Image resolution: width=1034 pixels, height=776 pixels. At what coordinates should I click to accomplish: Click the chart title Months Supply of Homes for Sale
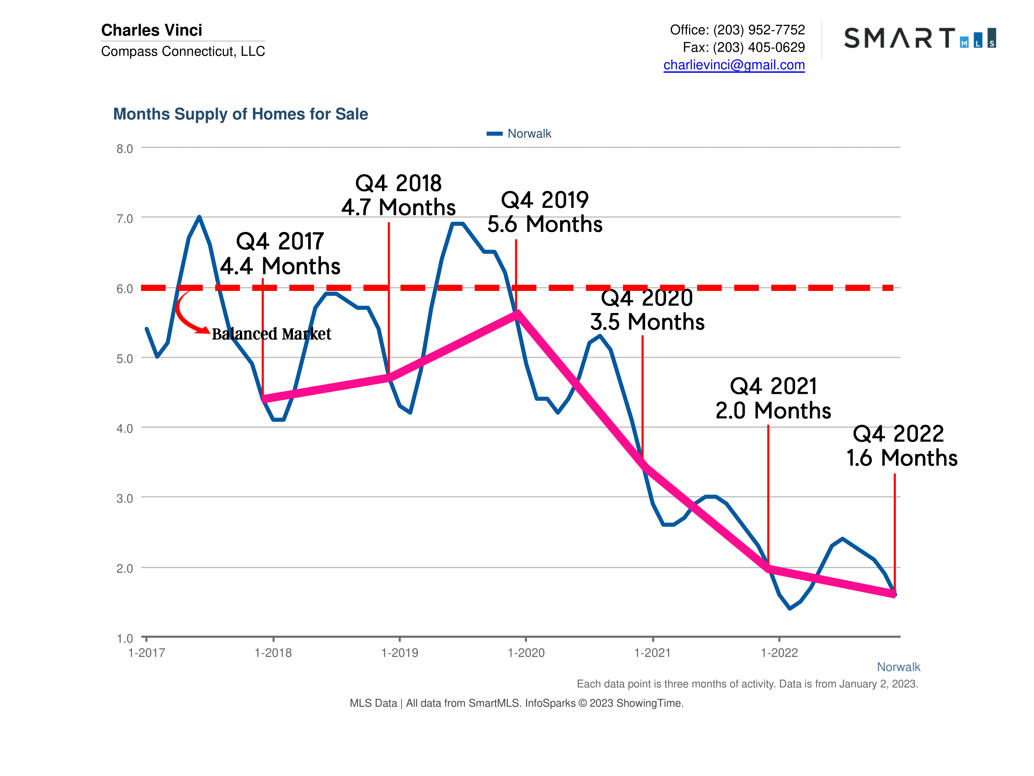[240, 114]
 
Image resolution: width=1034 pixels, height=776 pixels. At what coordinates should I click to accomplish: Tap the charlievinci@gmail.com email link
[733, 65]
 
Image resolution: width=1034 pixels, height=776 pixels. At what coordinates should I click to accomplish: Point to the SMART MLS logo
[920, 38]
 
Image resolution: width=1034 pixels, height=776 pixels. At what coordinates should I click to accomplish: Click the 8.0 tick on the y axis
[124, 149]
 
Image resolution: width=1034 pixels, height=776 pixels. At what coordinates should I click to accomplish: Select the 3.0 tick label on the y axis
[124, 498]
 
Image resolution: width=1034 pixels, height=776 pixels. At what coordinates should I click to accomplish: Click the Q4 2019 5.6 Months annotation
[544, 212]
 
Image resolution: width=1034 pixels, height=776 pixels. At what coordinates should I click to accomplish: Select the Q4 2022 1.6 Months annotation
[901, 446]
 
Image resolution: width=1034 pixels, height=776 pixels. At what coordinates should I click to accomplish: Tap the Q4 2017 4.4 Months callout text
[280, 253]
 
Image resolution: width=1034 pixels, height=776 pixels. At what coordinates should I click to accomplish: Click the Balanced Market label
[271, 334]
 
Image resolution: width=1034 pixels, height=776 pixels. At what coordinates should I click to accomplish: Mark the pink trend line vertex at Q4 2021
[768, 568]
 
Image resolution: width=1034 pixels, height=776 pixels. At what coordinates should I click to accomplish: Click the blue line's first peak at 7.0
[199, 217]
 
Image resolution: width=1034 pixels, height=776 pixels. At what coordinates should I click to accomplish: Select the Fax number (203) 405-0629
[758, 47]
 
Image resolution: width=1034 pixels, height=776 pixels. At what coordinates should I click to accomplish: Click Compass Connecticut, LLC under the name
[183, 51]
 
